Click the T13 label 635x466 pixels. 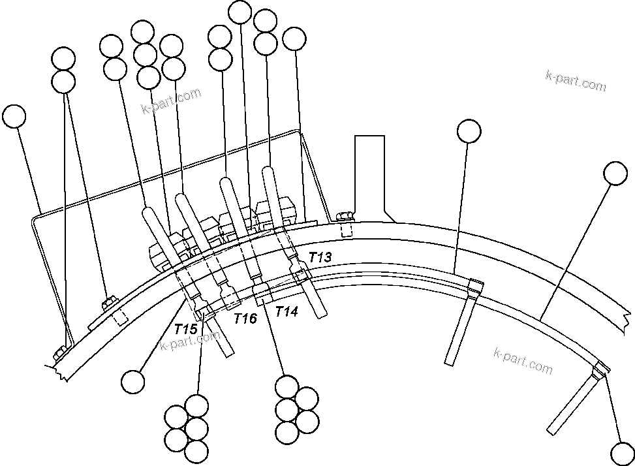coord(320,257)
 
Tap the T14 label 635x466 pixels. coord(287,312)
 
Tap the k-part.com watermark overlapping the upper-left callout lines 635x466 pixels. coord(171,101)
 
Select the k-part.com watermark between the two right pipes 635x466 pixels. coord(523,360)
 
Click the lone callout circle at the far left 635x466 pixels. coord(14,116)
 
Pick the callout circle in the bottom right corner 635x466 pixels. coord(621,452)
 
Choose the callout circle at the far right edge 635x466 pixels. coord(615,173)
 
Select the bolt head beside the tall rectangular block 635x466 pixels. coord(345,217)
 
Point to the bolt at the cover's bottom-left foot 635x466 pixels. coord(59,353)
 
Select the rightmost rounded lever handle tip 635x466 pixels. coord(268,172)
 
